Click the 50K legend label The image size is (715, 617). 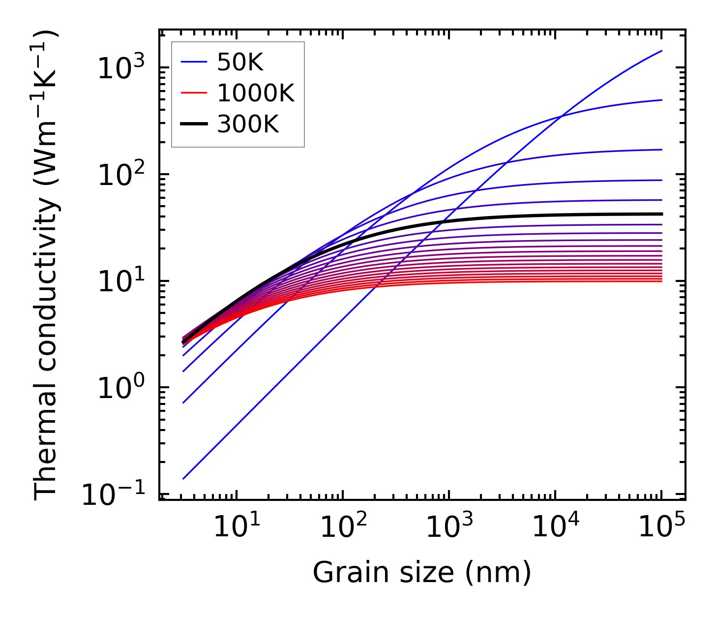click(x=240, y=62)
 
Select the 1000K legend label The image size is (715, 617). click(x=256, y=93)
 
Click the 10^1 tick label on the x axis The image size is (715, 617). click(x=236, y=527)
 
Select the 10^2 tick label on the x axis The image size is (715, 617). click(x=343, y=527)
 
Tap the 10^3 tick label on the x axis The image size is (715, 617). click(x=449, y=527)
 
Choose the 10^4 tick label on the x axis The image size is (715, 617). click(x=555, y=527)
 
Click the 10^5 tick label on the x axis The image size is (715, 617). click(x=661, y=527)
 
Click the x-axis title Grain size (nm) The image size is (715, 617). click(x=422, y=573)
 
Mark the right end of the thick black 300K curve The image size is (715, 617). click(x=661, y=214)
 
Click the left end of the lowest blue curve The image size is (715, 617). click(x=183, y=478)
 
